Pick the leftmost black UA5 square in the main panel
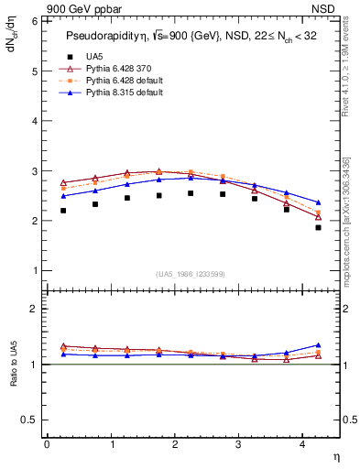[x=63, y=211]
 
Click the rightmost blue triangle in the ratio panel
[x=319, y=345]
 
